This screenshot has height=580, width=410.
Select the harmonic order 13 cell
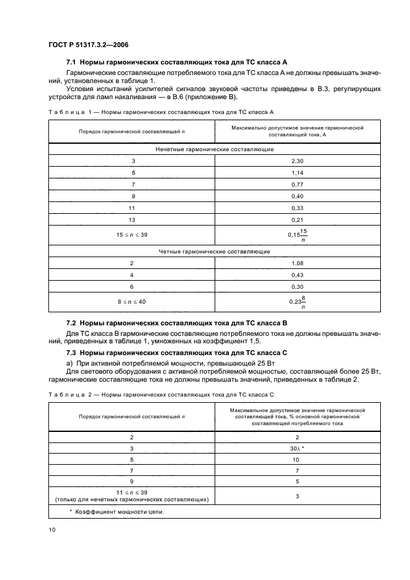(131, 219)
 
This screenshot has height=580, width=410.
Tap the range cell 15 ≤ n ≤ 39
(131, 235)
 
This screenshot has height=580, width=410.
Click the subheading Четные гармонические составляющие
(214, 251)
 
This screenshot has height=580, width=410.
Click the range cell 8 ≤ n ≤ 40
(131, 301)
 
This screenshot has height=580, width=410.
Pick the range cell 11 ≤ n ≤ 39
(131, 495)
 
